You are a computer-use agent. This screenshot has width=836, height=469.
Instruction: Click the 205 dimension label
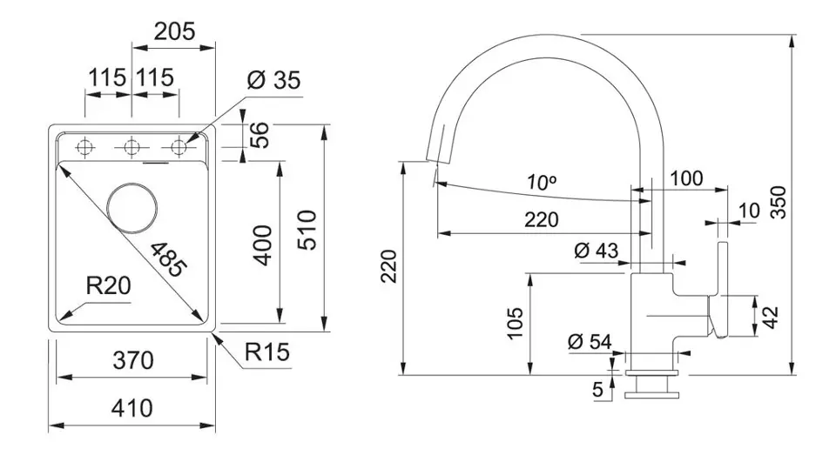coord(174,32)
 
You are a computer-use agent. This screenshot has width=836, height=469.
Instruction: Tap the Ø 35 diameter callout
coord(274,82)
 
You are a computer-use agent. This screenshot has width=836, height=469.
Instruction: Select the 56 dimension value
coord(260,135)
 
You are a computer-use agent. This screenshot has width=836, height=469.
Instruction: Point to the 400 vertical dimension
coord(263,245)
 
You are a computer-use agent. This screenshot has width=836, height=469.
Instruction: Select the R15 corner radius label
coord(266,352)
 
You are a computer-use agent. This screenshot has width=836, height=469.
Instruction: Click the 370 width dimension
coord(131,360)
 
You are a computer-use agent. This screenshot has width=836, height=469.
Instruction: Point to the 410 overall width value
coord(131,407)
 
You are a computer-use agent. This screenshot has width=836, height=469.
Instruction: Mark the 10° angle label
coord(542,183)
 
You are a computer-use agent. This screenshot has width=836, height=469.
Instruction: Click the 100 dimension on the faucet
coord(686,179)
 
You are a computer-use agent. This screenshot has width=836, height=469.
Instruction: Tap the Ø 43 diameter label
coord(597,251)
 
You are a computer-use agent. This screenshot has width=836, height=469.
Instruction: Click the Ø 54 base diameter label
coord(590,342)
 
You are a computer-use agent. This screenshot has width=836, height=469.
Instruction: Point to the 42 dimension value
coord(770,316)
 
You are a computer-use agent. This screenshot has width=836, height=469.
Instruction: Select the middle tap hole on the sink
coord(131,147)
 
